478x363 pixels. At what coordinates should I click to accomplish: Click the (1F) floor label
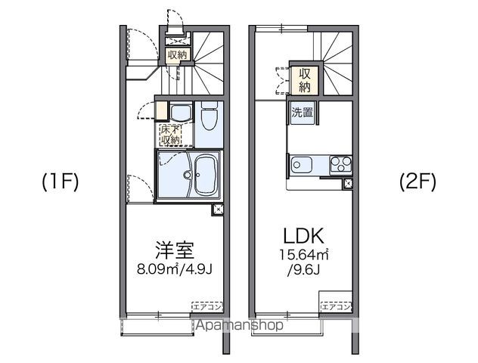tap(60, 181)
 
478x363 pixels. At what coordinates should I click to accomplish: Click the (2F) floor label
tap(417, 181)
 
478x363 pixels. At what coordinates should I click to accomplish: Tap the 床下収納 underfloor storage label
tap(169, 135)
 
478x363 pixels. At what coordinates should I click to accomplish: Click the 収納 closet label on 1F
tap(176, 54)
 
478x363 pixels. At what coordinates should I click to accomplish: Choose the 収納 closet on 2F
tap(305, 80)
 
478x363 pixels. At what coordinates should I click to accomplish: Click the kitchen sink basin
tap(301, 164)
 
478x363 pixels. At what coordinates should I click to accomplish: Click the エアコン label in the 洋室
tap(206, 306)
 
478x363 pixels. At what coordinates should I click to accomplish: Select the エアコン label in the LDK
tap(336, 306)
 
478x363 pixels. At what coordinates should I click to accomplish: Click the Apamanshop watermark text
tap(239, 325)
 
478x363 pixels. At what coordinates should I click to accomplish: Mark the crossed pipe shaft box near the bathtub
tap(218, 209)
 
